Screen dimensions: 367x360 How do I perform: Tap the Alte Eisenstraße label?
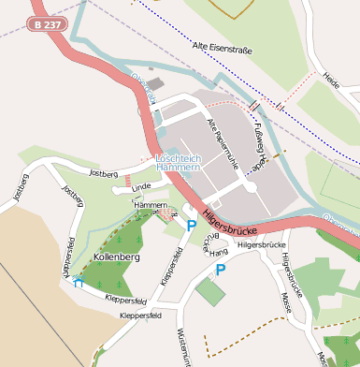(x=223, y=46)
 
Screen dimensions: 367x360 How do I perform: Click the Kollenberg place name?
(x=117, y=256)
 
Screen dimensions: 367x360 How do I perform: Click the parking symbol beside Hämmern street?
(x=192, y=225)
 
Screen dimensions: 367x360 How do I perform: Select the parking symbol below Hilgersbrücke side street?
(x=221, y=270)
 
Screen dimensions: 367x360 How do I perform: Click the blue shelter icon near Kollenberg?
(x=79, y=280)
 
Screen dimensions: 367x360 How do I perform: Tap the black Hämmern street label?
(x=150, y=204)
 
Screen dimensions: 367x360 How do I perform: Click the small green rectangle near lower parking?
(x=210, y=291)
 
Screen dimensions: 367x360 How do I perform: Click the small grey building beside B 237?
(x=155, y=84)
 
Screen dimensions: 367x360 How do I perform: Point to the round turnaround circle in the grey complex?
(x=250, y=186)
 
